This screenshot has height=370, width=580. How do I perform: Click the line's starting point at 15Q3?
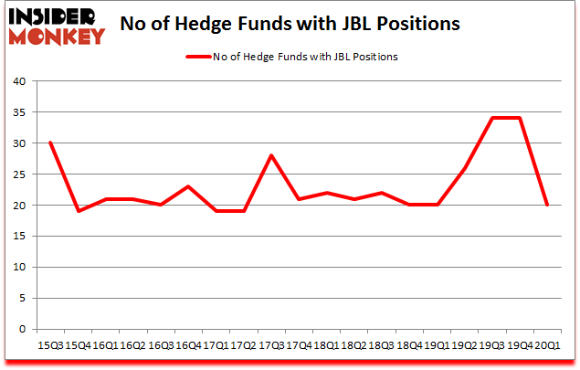pyautogui.click(x=50, y=143)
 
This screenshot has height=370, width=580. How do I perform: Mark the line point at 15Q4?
pyautogui.click(x=78, y=211)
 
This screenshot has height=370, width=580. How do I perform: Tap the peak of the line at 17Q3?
pyautogui.click(x=271, y=155)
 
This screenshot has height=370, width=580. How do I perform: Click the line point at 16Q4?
pyautogui.click(x=188, y=186)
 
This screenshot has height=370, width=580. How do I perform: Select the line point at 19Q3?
pyautogui.click(x=492, y=118)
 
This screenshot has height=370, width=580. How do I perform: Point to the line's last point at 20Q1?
pyautogui.click(x=547, y=205)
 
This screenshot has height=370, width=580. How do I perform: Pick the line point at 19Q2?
pyautogui.click(x=465, y=167)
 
